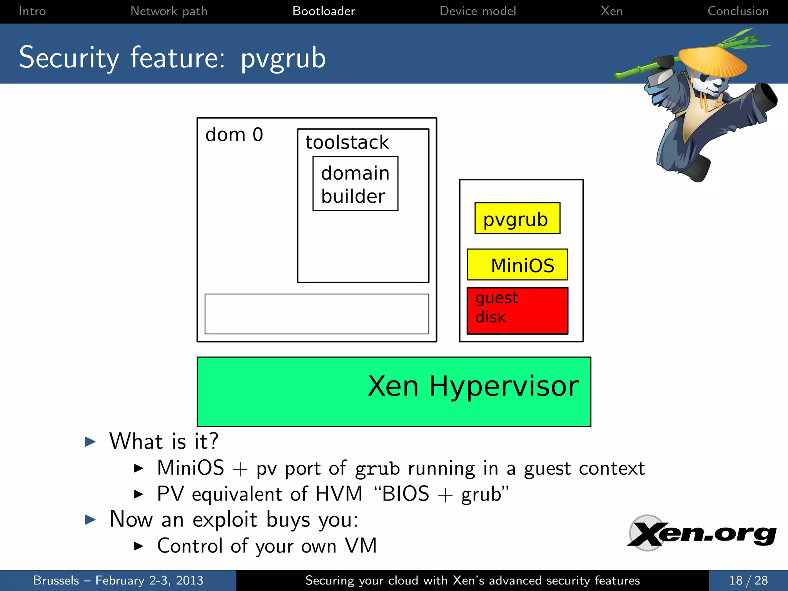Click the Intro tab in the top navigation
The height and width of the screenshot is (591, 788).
point(32,11)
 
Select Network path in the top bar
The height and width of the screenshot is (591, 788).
point(169,11)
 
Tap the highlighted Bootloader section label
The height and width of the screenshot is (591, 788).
point(324,11)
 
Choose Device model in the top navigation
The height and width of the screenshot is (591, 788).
point(477,11)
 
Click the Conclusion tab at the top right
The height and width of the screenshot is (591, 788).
point(738,11)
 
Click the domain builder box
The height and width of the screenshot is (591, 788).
point(355,184)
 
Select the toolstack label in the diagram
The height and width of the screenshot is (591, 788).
point(347,142)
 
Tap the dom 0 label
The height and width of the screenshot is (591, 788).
point(234,135)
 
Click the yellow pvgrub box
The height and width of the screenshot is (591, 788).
point(517,218)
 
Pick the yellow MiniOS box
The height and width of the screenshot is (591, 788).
point(517,265)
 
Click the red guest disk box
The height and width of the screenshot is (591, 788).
point(517,311)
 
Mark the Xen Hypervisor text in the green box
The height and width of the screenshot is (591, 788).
point(473,386)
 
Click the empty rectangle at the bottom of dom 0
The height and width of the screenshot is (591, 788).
point(317,314)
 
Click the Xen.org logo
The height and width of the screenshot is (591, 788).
point(701,534)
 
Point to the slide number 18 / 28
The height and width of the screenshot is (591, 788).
point(748,580)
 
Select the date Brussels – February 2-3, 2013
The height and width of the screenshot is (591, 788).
point(118,580)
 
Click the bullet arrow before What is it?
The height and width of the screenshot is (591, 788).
point(90,441)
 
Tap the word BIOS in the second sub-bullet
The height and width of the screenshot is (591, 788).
point(405,494)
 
